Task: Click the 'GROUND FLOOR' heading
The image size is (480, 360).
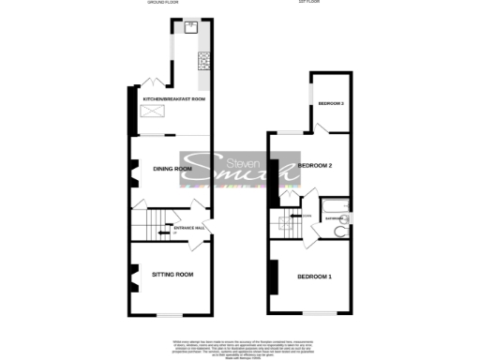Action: [x=161, y=3]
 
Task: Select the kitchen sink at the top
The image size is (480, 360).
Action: [x=191, y=26]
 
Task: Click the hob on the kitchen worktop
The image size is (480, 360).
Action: [x=202, y=61]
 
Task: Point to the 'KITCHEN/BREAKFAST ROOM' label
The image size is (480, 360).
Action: [x=173, y=98]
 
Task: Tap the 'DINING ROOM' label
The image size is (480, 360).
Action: [x=172, y=169]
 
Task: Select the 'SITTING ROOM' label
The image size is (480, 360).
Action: [x=172, y=275]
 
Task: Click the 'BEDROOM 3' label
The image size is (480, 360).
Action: [x=330, y=103]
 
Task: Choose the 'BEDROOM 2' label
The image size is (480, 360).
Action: [x=316, y=166]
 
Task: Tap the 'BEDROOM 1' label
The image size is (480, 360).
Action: [x=314, y=277]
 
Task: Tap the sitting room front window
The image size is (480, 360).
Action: [x=169, y=314]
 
